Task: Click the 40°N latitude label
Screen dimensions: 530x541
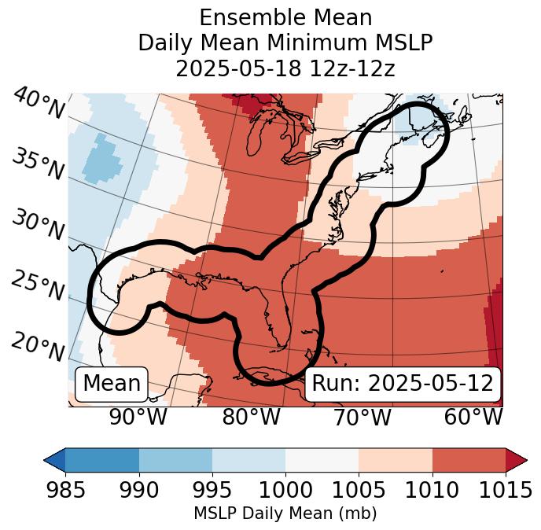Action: click(x=39, y=104)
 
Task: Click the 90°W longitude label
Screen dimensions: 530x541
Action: click(x=138, y=417)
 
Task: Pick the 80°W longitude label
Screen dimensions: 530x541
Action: click(x=251, y=417)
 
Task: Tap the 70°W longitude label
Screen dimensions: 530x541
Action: click(x=362, y=417)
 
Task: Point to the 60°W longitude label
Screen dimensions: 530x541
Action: click(x=473, y=417)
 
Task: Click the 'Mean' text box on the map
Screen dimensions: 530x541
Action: click(x=112, y=384)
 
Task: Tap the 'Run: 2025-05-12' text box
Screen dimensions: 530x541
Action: click(x=403, y=384)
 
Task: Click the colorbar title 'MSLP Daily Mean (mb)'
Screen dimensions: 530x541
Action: click(x=285, y=513)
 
